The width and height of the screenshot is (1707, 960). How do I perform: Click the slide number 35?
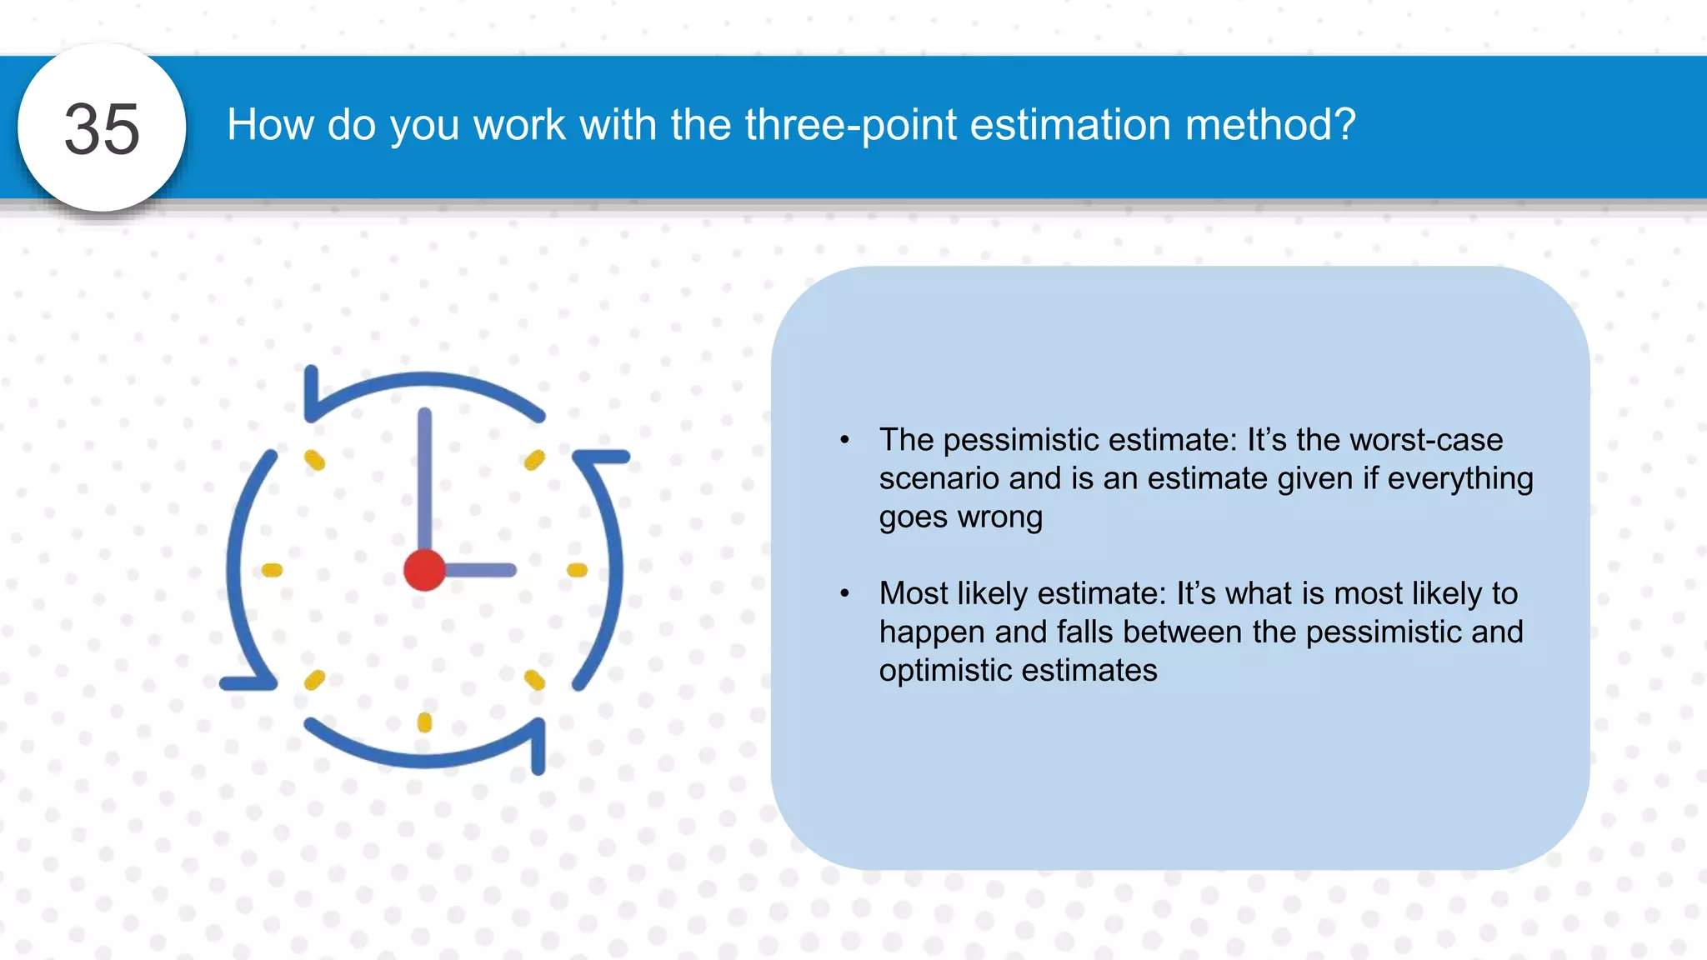click(x=102, y=129)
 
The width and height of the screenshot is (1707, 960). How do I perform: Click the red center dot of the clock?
click(x=424, y=570)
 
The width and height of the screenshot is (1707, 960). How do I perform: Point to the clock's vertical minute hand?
click(x=424, y=475)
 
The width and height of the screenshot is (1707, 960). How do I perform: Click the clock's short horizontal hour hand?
click(x=480, y=570)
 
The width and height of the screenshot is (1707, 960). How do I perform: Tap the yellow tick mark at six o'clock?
click(x=424, y=722)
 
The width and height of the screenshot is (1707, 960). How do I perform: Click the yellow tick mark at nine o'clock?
click(x=273, y=570)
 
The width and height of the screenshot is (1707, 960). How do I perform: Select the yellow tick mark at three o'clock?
click(x=577, y=570)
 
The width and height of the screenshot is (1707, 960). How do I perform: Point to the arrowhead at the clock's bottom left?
click(x=248, y=682)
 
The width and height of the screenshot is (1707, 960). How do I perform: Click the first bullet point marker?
click(x=844, y=440)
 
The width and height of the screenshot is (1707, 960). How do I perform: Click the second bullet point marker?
click(x=844, y=593)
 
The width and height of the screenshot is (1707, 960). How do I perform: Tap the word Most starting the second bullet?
click(x=914, y=593)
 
